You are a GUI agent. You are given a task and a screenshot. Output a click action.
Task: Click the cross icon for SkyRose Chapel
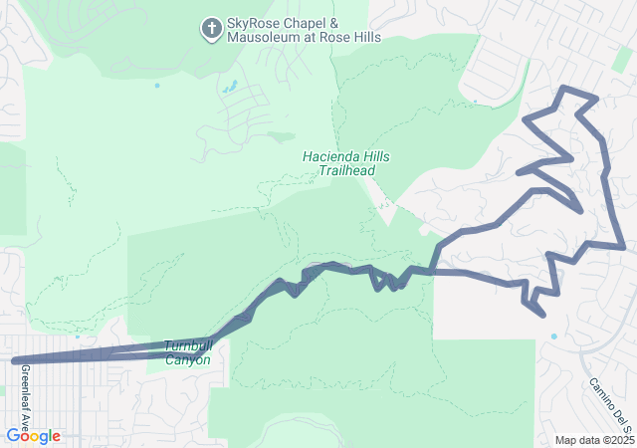tap(211, 28)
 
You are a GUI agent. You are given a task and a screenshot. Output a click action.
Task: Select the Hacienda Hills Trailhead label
tap(346, 164)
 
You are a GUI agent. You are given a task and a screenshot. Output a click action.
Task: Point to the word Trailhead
tap(346, 171)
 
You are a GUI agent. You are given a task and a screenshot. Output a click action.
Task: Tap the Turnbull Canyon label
tap(187, 352)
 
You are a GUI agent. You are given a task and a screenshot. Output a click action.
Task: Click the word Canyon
tap(187, 359)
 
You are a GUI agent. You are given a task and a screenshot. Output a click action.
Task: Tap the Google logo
tap(33, 436)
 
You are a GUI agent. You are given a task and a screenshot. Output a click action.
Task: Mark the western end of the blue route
tap(14, 361)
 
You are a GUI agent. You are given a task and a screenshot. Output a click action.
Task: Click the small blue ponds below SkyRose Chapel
tap(230, 87)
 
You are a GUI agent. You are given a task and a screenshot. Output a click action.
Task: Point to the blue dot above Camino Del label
tap(554, 336)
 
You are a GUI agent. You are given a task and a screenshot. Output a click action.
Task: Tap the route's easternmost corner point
tap(623, 245)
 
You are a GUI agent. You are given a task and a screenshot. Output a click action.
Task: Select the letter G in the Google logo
tap(13, 436)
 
